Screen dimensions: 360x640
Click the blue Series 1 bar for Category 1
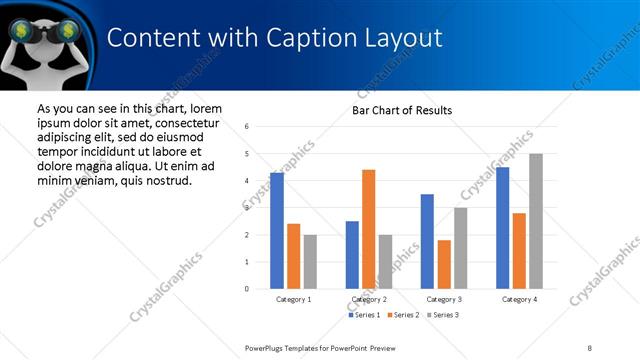click(277, 231)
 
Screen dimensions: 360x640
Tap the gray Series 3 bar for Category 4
click(536, 221)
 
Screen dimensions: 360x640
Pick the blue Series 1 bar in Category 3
click(428, 241)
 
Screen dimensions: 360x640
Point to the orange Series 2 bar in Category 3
click(444, 264)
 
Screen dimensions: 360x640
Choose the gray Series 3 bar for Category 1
click(310, 262)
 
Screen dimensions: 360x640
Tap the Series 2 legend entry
click(402, 315)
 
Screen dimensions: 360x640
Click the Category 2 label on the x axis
click(369, 299)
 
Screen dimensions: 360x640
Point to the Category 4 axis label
click(519, 299)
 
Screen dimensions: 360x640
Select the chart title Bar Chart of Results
click(402, 110)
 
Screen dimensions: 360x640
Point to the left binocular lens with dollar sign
click(21, 31)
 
